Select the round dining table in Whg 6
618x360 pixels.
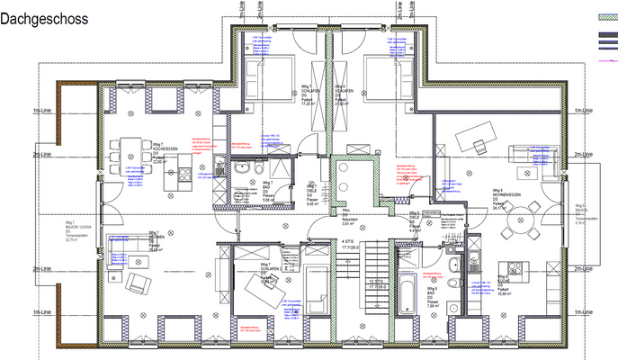click(x=522, y=217)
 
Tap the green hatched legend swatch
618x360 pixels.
click(x=606, y=17)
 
